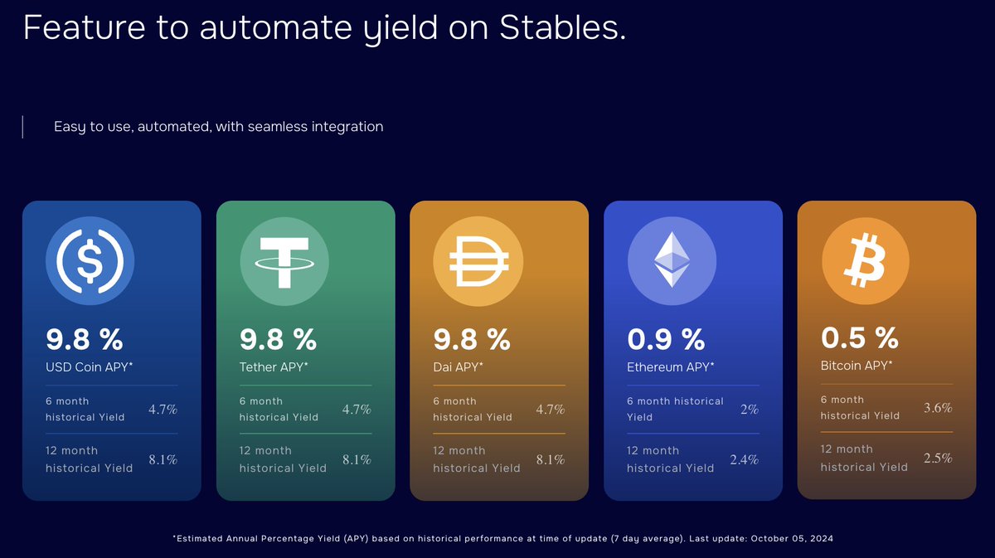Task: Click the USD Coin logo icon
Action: pyautogui.click(x=90, y=261)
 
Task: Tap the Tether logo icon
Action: pyautogui.click(x=284, y=261)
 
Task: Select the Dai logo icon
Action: pyautogui.click(x=478, y=261)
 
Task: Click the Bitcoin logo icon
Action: pyautogui.click(x=865, y=260)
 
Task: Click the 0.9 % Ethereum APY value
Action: pyautogui.click(x=665, y=339)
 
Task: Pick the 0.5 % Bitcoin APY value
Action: pyautogui.click(x=859, y=337)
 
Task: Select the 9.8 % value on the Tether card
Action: pyautogui.click(x=278, y=339)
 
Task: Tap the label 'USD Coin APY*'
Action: pyautogui.click(x=88, y=366)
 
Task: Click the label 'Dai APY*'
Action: pyautogui.click(x=458, y=366)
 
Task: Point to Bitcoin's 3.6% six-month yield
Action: pyautogui.click(x=937, y=408)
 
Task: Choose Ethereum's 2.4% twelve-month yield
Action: pyautogui.click(x=744, y=459)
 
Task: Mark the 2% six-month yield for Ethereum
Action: pyautogui.click(x=749, y=410)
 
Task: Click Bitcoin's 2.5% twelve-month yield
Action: pyautogui.click(x=937, y=458)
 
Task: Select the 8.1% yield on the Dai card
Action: pyautogui.click(x=550, y=459)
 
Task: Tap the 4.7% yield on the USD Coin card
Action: pyautogui.click(x=163, y=410)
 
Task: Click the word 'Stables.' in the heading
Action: pyautogui.click(x=562, y=27)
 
